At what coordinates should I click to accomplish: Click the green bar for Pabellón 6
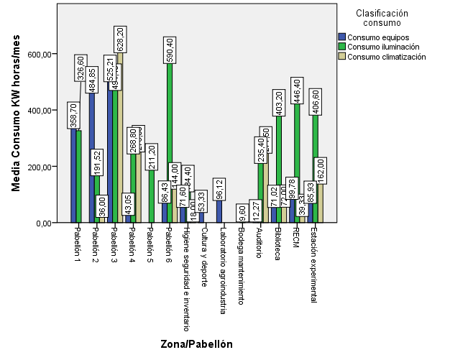[x=170, y=144]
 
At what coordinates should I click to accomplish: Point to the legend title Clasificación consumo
[x=381, y=18]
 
